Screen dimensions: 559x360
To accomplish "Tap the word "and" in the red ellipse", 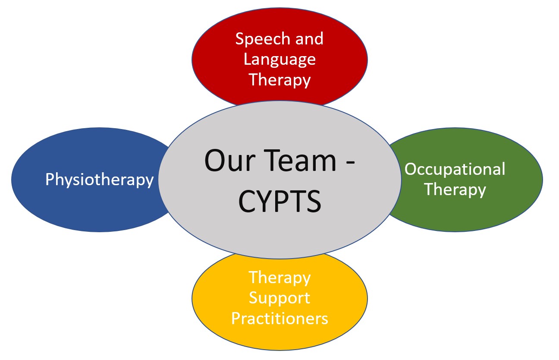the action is (x=309, y=39).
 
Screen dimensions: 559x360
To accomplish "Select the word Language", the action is (x=279, y=60).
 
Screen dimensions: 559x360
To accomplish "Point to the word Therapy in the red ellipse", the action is (x=280, y=80).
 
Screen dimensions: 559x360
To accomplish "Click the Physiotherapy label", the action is (x=99, y=180).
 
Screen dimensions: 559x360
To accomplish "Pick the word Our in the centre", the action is (x=230, y=161).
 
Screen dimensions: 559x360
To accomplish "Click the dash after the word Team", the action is (x=351, y=162).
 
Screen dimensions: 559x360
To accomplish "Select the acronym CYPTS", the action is (x=279, y=201).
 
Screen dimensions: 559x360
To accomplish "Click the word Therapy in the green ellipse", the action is (x=455, y=189).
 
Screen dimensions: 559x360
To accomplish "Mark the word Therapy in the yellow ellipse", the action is (x=280, y=278).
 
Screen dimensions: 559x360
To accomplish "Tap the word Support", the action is (x=279, y=298).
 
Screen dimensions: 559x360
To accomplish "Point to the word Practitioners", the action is (x=280, y=318).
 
